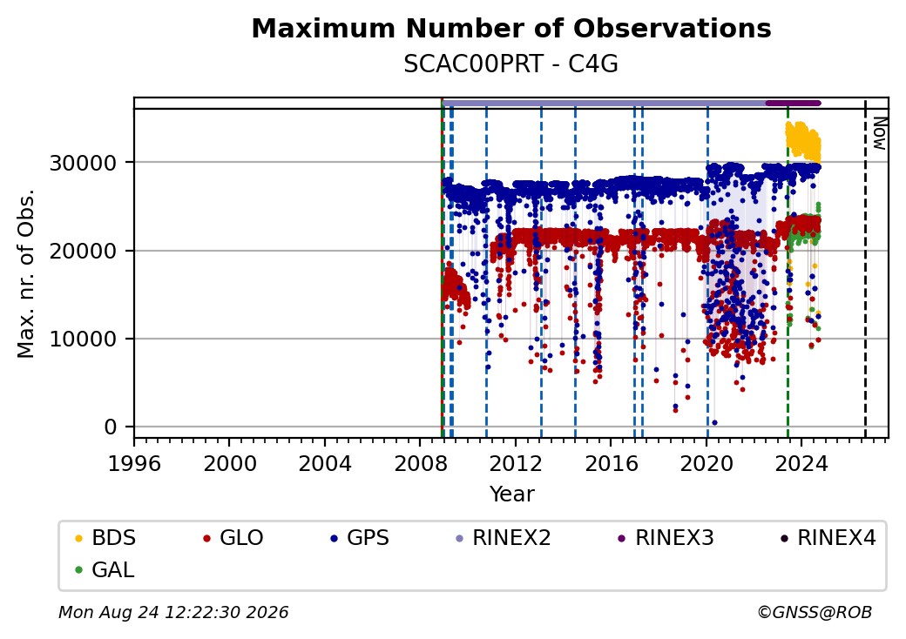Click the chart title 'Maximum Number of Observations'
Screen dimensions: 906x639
tap(511, 28)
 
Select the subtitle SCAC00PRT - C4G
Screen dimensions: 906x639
tap(510, 64)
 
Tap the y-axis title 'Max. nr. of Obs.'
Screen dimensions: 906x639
tap(26, 273)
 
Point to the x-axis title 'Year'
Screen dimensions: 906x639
tap(512, 494)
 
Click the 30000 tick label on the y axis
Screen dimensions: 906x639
tap(84, 164)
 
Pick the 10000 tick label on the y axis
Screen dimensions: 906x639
tap(84, 340)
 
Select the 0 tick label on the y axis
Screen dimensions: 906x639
tap(111, 427)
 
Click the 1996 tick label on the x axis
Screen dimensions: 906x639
tap(135, 463)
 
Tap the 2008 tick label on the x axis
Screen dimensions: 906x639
tap(421, 463)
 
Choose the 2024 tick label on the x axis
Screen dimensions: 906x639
tap(801, 463)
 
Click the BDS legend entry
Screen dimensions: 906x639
tap(105, 538)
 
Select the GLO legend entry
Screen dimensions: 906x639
tap(233, 538)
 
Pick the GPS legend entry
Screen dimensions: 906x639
tap(360, 538)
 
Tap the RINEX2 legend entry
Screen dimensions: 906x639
tap(504, 538)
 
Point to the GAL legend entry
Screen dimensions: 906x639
tap(105, 569)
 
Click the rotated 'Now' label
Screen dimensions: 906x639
tap(879, 133)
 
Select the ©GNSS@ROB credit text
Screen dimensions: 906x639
tap(815, 612)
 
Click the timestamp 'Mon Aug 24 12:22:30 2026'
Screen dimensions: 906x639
tap(173, 612)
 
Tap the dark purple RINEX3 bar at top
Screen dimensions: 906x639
tap(793, 104)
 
